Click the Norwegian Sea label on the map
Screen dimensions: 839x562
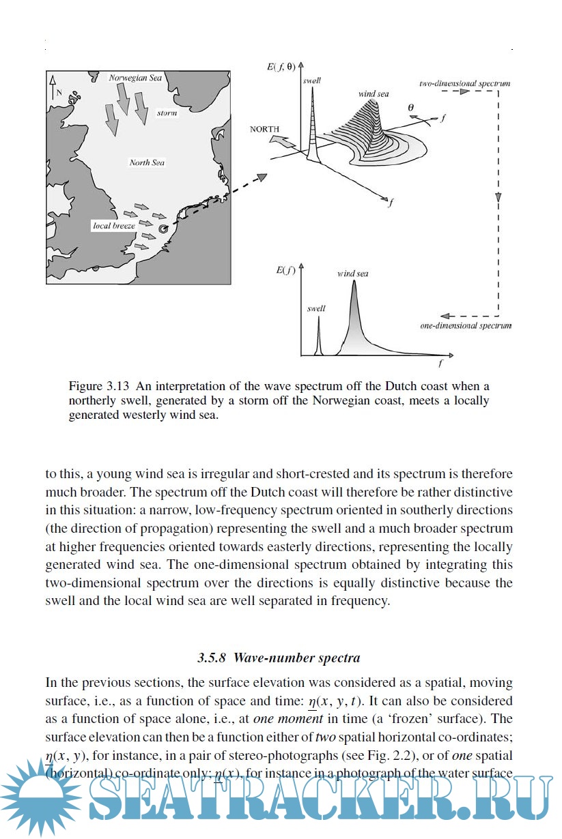(135, 78)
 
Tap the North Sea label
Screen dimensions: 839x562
(147, 162)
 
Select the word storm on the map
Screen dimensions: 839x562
(167, 113)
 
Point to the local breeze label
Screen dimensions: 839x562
(113, 225)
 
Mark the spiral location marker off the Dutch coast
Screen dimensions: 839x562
(163, 230)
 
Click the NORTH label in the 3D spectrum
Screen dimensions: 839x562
(264, 129)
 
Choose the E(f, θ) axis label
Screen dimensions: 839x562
(282, 67)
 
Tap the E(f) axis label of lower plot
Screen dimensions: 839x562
(285, 271)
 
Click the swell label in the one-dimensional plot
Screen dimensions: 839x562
(316, 308)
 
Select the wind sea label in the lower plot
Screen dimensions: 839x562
(352, 274)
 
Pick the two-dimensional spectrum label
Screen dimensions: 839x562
(464, 83)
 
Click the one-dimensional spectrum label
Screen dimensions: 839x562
(466, 326)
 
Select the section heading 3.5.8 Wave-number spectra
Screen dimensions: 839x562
(279, 658)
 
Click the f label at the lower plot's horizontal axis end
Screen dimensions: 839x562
(441, 364)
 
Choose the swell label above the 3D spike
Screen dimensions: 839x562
(311, 80)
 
